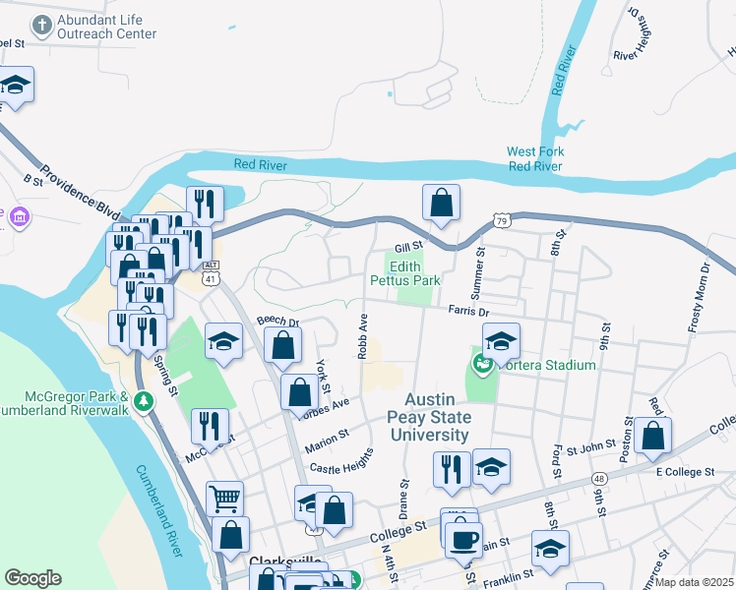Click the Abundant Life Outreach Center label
[106, 27]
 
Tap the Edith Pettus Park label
[404, 273]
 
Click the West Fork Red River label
[534, 159]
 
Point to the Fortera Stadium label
[542, 366]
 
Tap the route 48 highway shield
[599, 478]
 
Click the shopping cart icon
[224, 499]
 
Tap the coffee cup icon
[463, 538]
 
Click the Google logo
[32, 578]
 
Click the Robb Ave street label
[363, 335]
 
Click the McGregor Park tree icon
[144, 400]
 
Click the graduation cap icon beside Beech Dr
[223, 341]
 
